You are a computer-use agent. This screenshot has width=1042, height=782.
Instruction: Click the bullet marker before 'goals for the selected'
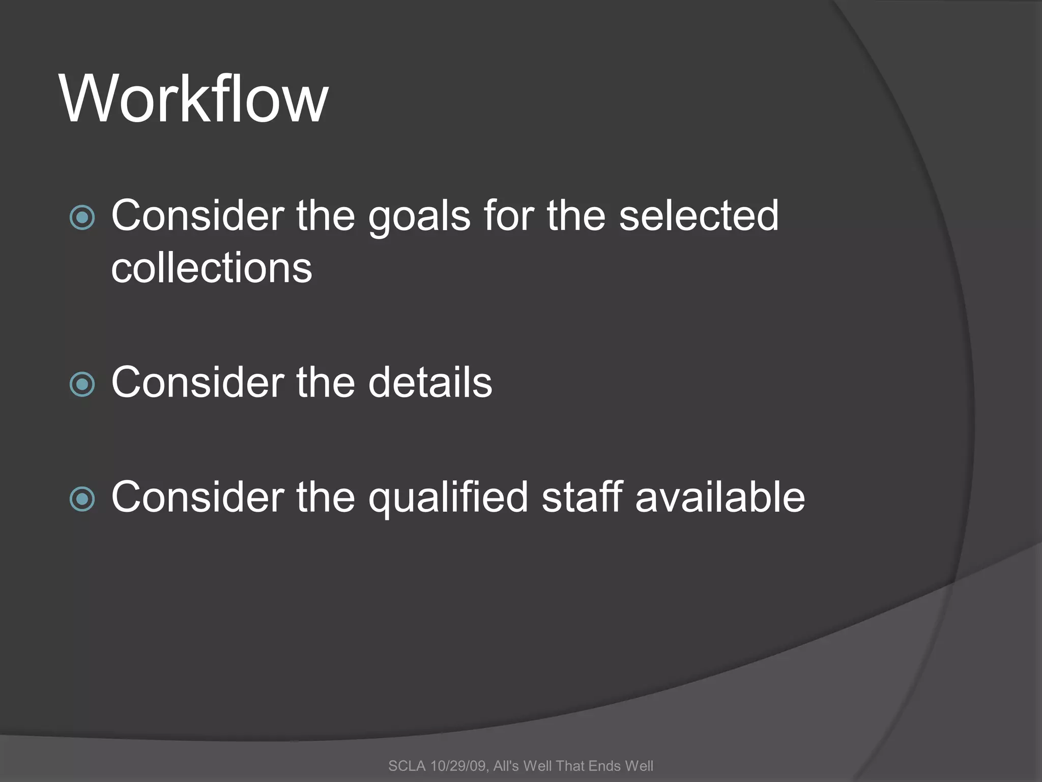click(82, 218)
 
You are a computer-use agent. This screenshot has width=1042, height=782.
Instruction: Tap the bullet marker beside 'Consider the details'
click(82, 384)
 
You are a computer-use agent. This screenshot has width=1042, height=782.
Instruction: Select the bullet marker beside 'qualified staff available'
click(82, 499)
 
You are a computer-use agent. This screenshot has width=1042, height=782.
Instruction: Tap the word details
click(430, 382)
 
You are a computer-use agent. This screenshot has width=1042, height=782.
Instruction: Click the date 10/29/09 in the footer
click(458, 766)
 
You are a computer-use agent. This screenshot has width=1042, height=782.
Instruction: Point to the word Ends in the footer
click(604, 766)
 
